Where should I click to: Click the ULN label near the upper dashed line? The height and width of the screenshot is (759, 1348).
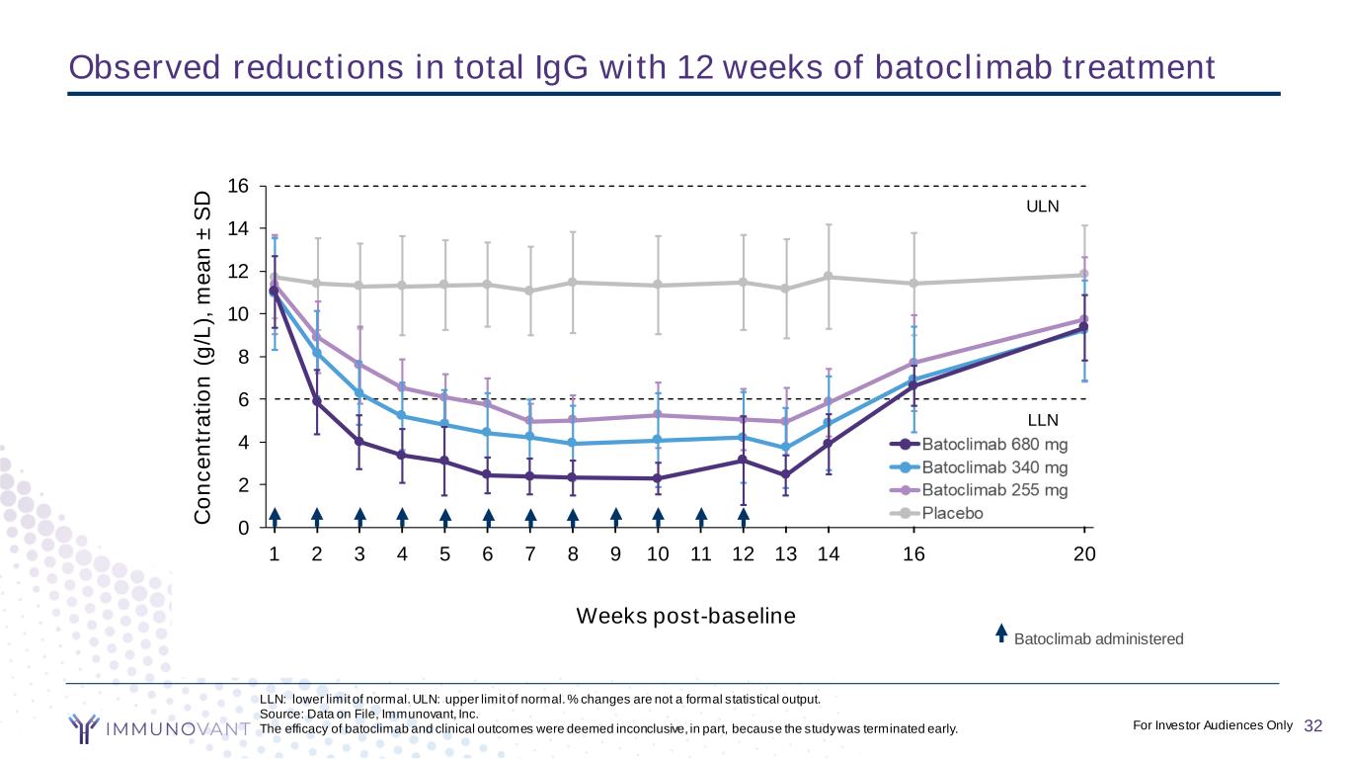pyautogui.click(x=1043, y=207)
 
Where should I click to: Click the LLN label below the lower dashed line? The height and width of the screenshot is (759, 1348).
pyautogui.click(x=1043, y=421)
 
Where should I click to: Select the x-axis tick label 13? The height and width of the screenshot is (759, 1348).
pyautogui.click(x=786, y=554)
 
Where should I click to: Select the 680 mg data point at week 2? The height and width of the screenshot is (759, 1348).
pyautogui.click(x=317, y=401)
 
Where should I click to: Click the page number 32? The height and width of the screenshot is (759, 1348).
pyautogui.click(x=1312, y=726)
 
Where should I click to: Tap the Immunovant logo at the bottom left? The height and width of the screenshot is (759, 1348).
pyautogui.click(x=158, y=729)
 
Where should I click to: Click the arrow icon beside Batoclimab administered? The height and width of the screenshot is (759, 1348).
pyautogui.click(x=1000, y=632)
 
